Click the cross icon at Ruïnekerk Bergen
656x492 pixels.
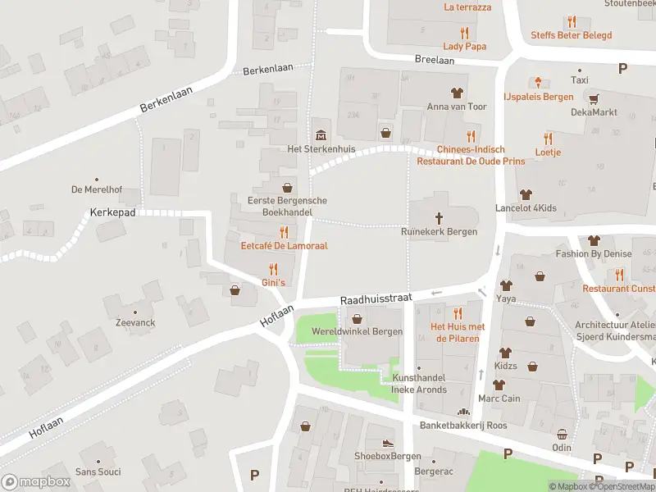pyautogui.click(x=440, y=217)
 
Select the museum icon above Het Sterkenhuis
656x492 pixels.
pyautogui.click(x=319, y=134)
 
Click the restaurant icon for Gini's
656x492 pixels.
pyautogui.click(x=273, y=268)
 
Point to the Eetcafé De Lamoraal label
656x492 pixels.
pyautogui.click(x=284, y=245)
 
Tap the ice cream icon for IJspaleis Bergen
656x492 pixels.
pyautogui.click(x=539, y=81)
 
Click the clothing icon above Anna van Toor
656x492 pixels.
pyautogui.click(x=457, y=93)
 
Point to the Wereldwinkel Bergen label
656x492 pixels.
pyautogui.click(x=356, y=331)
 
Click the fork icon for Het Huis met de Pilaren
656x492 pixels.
pyautogui.click(x=458, y=312)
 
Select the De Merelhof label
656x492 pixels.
pyautogui.click(x=96, y=189)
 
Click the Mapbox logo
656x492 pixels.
pyautogui.click(x=35, y=482)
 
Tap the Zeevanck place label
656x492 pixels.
pyautogui.click(x=135, y=323)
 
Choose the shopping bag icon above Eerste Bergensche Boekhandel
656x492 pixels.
pyautogui.click(x=287, y=187)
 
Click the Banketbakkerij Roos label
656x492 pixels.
pyautogui.click(x=463, y=426)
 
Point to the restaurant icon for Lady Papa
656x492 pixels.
pyautogui.click(x=464, y=33)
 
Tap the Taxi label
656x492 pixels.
pyautogui.click(x=580, y=80)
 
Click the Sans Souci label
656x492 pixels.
pyautogui.click(x=98, y=471)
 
